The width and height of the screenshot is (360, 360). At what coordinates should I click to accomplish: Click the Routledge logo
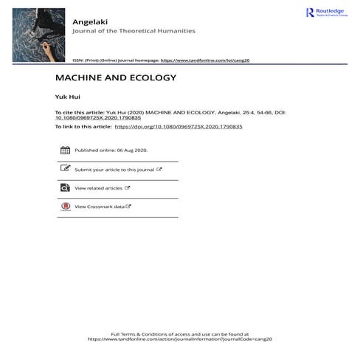(x=325, y=13)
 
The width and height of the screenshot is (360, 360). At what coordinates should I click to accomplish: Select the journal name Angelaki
(x=87, y=21)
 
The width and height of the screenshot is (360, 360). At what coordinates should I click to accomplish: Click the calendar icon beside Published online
(x=65, y=150)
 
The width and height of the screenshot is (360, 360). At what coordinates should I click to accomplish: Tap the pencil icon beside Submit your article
(x=65, y=169)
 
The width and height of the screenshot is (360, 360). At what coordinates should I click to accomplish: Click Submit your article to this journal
(x=114, y=170)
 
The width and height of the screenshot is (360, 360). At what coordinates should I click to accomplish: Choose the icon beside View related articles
(x=65, y=188)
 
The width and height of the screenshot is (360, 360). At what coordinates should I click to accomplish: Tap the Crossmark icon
(x=65, y=207)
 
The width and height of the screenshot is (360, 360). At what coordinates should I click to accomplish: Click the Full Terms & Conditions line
(x=179, y=333)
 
